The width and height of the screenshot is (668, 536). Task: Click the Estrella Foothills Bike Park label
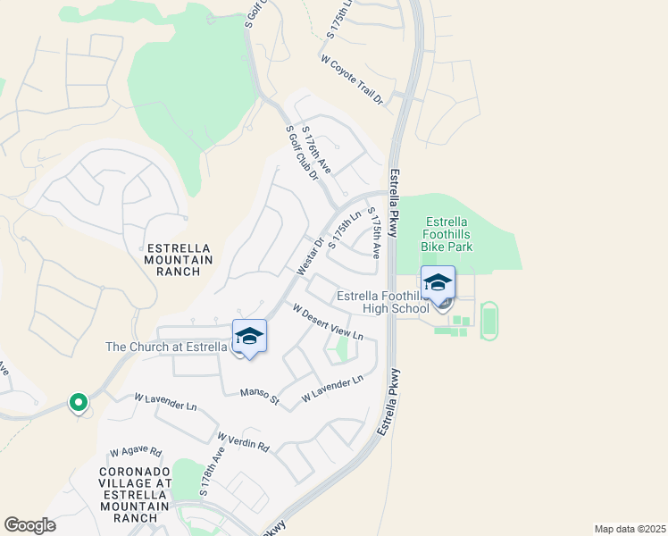(449, 234)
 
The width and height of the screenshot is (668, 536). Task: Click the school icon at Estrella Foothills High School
(438, 283)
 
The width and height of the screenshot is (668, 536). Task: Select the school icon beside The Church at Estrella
(250, 336)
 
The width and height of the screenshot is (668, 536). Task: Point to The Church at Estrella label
(167, 347)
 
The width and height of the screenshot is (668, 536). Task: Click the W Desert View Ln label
(328, 322)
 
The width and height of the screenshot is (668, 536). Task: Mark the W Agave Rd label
(136, 452)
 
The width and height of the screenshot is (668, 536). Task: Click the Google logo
(29, 525)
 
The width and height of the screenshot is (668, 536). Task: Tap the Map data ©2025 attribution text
(629, 529)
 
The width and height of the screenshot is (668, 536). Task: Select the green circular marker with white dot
(78, 403)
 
